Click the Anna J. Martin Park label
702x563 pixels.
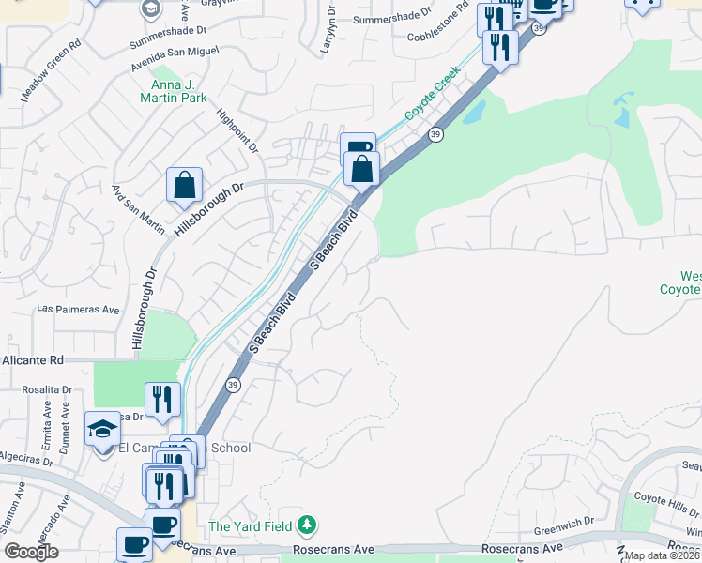pyautogui.click(x=173, y=90)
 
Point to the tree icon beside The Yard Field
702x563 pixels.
pyautogui.click(x=307, y=525)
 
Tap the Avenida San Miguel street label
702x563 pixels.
pyautogui.click(x=175, y=56)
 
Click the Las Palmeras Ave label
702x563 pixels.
pyautogui.click(x=78, y=309)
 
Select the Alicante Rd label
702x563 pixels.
pyautogui.click(x=32, y=359)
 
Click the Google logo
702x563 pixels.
pyautogui.click(x=31, y=551)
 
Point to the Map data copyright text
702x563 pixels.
pyautogui.click(x=663, y=555)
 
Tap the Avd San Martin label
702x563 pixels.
pyautogui.click(x=138, y=208)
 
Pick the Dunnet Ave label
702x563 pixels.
pyautogui.click(x=64, y=433)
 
